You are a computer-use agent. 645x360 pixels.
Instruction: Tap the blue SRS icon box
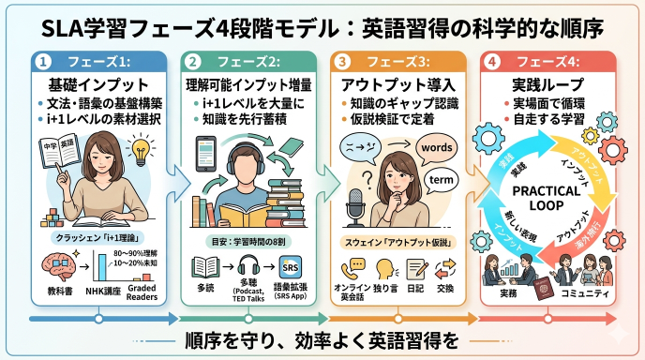[291, 265]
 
